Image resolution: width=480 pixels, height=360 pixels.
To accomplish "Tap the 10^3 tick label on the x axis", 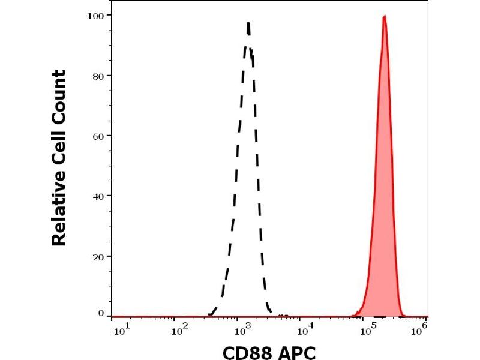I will pyautogui.click(x=244, y=329).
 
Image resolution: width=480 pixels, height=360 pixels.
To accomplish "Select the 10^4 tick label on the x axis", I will pyautogui.click(x=307, y=329).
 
